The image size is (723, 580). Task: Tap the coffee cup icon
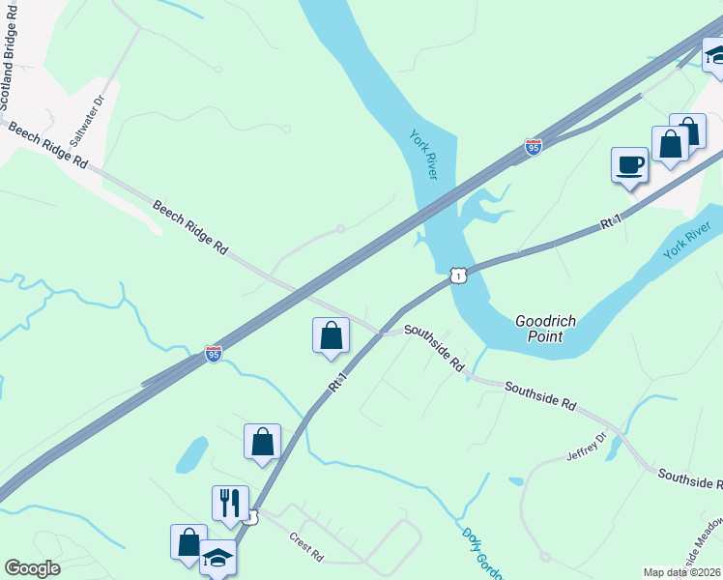point(629,164)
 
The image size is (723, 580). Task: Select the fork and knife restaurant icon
point(230,503)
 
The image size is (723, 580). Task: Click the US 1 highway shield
point(458,276)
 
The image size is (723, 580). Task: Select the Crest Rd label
point(305,547)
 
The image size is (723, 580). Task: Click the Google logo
point(32,568)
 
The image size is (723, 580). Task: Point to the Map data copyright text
point(682,572)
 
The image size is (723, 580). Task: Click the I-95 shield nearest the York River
point(533,147)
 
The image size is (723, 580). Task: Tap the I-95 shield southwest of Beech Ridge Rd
point(214,355)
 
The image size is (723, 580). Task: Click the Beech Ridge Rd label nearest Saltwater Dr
point(45,147)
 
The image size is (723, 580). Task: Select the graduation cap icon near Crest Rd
point(217,558)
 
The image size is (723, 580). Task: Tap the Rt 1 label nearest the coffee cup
point(608,223)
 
